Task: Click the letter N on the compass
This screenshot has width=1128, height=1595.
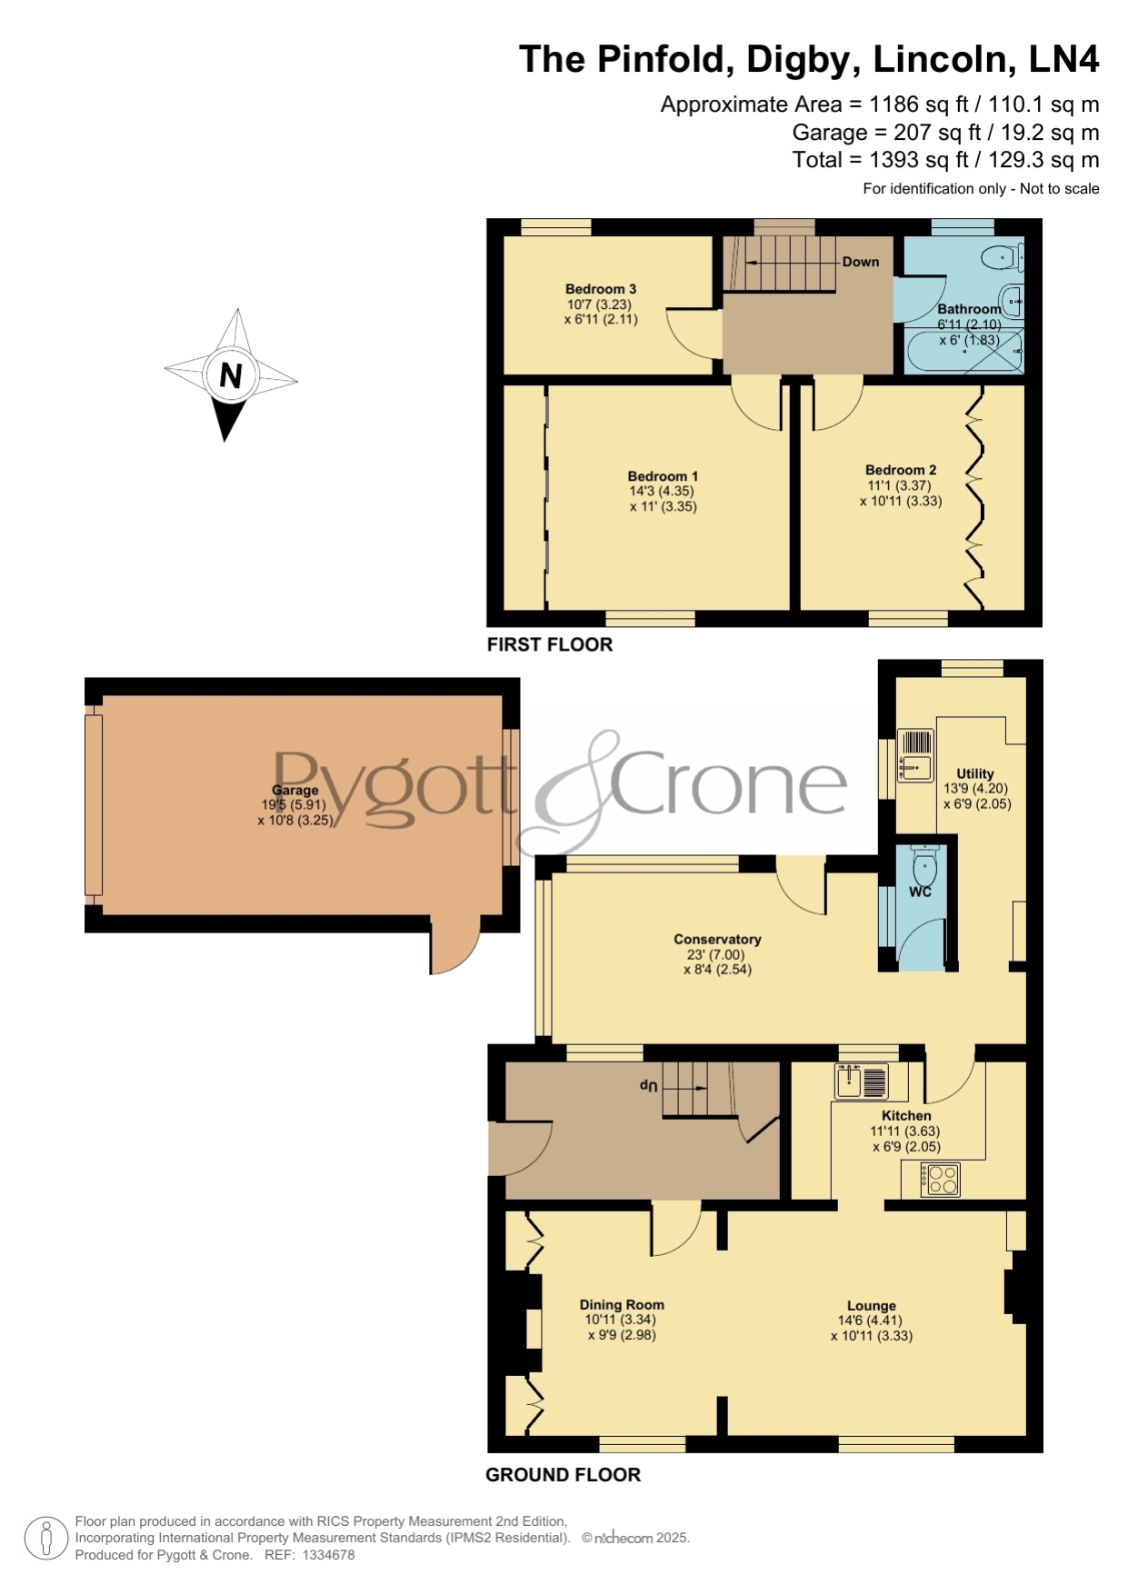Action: (x=231, y=374)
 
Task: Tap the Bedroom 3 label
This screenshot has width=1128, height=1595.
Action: (x=601, y=289)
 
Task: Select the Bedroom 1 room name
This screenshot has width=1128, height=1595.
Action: (x=663, y=476)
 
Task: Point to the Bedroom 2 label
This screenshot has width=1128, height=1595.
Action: (x=901, y=470)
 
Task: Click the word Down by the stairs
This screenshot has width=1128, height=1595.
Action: (x=861, y=262)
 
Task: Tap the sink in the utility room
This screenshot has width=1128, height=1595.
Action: (x=915, y=755)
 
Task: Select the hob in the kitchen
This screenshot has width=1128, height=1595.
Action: (x=940, y=1180)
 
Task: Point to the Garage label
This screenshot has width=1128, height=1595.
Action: (x=295, y=791)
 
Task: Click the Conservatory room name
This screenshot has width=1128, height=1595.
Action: (x=717, y=940)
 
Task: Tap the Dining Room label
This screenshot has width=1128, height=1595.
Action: (x=622, y=1305)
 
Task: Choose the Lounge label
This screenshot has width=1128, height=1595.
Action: (x=872, y=1306)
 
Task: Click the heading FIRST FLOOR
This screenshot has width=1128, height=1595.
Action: (x=550, y=644)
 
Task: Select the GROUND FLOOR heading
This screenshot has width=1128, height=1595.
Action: (x=564, y=1475)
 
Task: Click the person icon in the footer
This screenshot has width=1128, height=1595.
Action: (x=45, y=1539)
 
